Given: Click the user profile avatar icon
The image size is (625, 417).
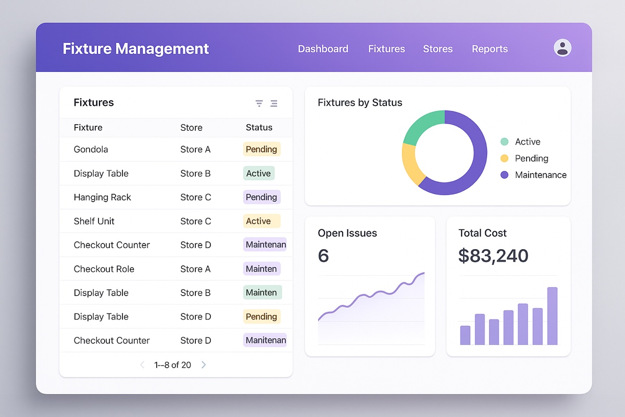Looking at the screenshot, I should pos(562,48).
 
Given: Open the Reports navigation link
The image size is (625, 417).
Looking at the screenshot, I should pos(490,49).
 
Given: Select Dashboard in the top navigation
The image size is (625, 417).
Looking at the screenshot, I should pos(323,49).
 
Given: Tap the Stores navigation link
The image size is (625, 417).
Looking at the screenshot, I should pos(438,49).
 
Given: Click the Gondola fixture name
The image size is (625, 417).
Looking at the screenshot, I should pos(91,150).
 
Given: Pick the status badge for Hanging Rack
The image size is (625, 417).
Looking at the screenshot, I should pos(261,197).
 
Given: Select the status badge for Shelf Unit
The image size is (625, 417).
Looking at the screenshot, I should pos(261,221).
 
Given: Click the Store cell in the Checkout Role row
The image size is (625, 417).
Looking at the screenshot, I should pos(195,269).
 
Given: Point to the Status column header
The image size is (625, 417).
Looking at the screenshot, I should pos(259,128).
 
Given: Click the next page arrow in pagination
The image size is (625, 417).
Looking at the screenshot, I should pos(204,365).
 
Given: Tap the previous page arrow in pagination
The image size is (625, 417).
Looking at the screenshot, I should pos(142,365).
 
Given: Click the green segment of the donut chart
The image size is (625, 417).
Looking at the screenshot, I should pos(423,127).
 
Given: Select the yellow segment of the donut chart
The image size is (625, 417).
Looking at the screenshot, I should pos(411,164).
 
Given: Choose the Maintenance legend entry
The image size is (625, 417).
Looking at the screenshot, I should pos(540,175).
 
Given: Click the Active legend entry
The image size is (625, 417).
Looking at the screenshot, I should pos(527,142).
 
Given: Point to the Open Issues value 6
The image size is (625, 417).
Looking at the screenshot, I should pos(323,256).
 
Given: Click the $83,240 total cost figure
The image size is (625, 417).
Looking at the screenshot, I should pos(493,256).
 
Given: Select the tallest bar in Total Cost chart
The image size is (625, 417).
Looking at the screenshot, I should pos(552,316).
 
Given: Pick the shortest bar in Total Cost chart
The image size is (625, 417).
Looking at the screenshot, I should pos(465,335).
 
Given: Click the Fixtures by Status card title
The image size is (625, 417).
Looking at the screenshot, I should pos(360,103).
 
